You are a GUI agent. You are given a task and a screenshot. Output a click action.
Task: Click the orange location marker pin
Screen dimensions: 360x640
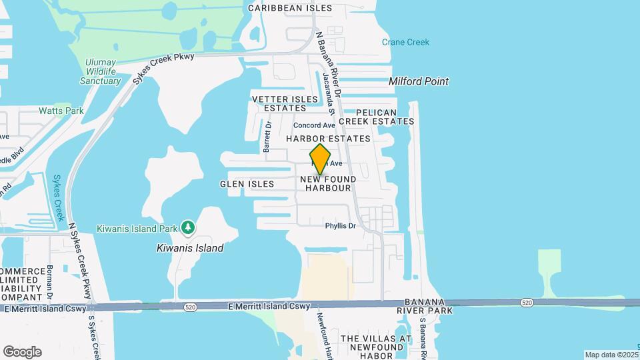320,160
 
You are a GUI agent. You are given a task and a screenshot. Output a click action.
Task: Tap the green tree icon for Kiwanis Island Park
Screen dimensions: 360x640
189,228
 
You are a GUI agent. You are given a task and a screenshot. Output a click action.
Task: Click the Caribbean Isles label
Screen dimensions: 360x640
290,8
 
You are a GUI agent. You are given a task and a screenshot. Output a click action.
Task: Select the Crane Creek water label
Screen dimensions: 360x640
405,42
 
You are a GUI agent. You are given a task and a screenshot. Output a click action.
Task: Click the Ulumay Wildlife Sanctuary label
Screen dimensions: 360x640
100,72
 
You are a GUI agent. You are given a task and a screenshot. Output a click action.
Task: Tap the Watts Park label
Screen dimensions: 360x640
61,111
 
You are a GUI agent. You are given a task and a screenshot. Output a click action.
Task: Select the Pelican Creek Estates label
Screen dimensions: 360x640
385,117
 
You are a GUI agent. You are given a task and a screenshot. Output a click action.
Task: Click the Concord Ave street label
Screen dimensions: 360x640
314,125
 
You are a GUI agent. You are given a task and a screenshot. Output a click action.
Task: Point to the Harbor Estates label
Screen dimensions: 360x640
328,139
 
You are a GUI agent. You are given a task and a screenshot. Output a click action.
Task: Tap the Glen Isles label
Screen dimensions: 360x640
247,183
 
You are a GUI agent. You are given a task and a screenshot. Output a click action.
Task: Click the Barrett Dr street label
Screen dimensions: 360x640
268,137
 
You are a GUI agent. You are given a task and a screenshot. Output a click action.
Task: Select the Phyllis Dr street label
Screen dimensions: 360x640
341,226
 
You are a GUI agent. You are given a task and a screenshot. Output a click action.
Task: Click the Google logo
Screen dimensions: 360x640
22,351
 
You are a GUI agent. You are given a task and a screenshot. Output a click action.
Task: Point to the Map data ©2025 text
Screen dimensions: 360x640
610,355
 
